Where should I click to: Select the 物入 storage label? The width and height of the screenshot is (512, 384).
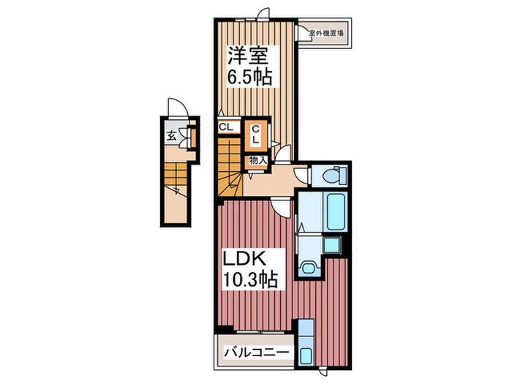[257, 159]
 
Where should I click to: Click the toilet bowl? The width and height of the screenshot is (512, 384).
[334, 175]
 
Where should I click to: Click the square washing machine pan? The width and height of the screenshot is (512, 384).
[334, 247]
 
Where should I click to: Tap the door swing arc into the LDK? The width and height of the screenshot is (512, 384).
[279, 207]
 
